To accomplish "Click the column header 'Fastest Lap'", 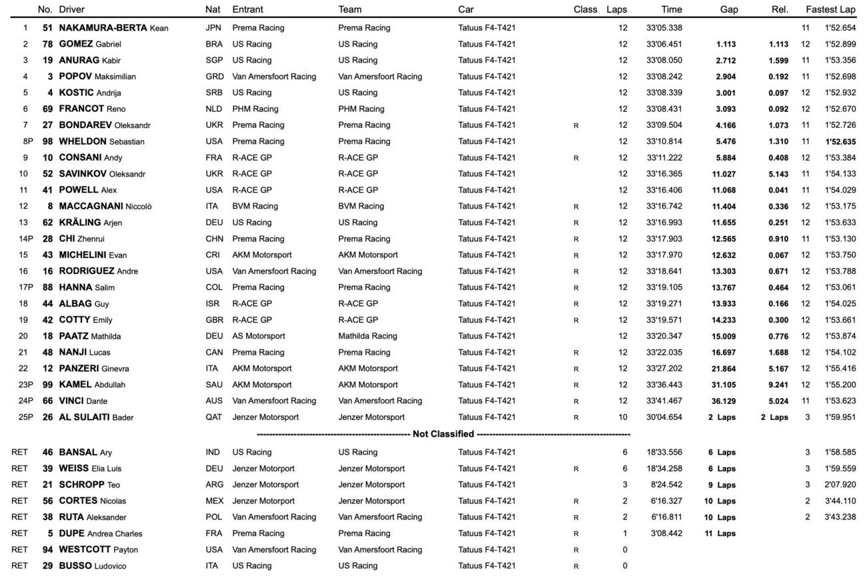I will coord(830,10).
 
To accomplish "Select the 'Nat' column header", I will coord(213,10).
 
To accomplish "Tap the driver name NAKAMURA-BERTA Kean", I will coord(113,28).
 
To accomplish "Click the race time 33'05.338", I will coord(664,28).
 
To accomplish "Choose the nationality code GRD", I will coord(215,77).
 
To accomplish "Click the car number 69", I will coord(47,109).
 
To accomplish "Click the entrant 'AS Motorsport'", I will coord(259,336).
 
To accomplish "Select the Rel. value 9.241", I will coord(778,385).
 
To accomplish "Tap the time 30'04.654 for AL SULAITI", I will coord(664,417).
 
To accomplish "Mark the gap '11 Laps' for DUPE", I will coord(720,533).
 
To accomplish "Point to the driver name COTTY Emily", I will coord(85,320).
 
